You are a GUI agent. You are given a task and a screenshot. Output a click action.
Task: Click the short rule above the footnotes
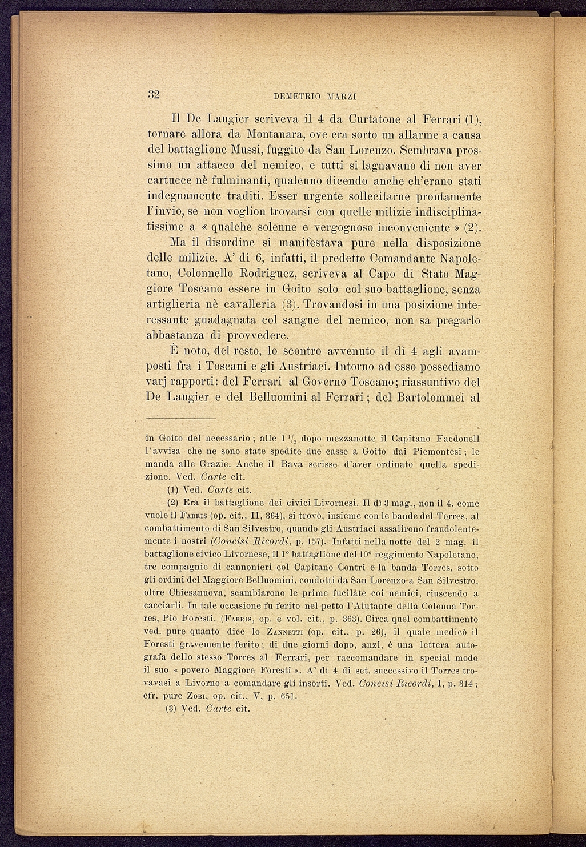click(180, 418)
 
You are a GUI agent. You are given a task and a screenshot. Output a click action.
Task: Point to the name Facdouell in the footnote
click(457, 439)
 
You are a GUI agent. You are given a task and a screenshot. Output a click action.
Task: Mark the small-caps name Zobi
click(198, 696)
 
